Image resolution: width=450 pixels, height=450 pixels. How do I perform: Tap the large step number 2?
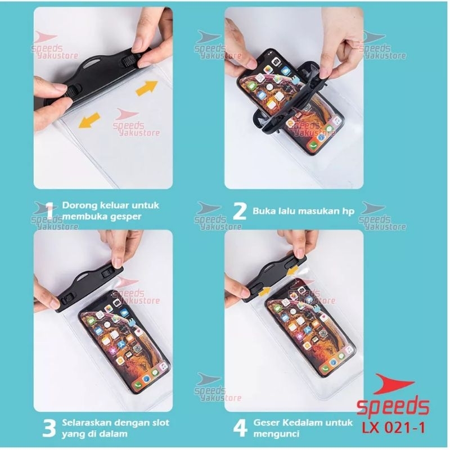[240, 211]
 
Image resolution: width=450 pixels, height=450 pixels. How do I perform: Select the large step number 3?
[49, 428]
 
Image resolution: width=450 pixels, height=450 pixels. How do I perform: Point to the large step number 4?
[240, 428]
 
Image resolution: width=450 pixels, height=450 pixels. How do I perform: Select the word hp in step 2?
[348, 211]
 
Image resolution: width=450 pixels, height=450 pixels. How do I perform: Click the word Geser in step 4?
[265, 422]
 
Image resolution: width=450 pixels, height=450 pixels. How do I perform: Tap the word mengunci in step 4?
[276, 434]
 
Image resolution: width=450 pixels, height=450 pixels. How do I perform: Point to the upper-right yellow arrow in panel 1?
[146, 87]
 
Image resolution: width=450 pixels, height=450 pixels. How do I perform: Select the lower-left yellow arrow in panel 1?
[89, 120]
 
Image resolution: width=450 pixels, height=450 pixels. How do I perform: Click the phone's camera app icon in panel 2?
[276, 61]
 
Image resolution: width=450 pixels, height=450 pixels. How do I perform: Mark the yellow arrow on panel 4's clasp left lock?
[264, 291]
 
